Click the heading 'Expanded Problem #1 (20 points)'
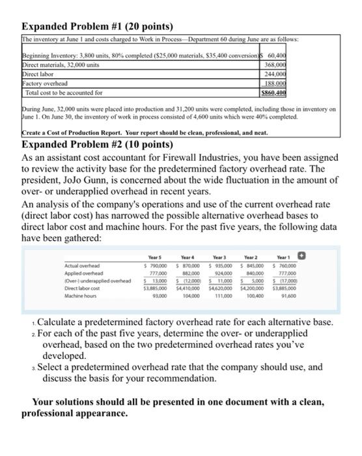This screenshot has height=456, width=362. tap(97, 26)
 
